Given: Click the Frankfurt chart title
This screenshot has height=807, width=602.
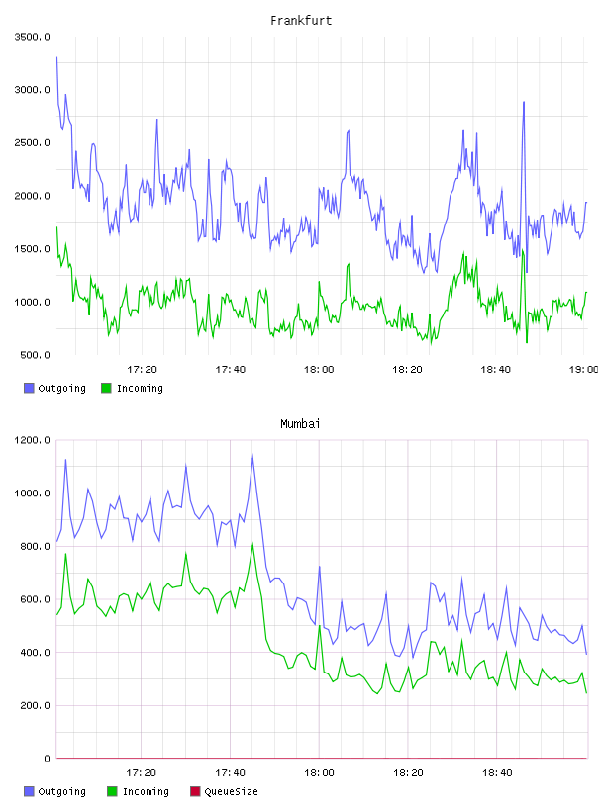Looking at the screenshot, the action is click(301, 21).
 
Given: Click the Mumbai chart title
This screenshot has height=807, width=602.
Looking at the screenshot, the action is click(300, 424).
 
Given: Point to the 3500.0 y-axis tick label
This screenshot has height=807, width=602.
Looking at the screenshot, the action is click(32, 37).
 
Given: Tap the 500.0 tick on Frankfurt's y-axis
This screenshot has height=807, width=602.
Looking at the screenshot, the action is click(35, 355).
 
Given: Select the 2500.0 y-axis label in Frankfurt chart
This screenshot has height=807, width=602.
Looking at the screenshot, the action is click(32, 142).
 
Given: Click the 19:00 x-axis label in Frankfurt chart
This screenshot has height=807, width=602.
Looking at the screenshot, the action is click(583, 370).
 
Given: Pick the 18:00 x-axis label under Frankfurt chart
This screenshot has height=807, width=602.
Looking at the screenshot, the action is click(319, 370).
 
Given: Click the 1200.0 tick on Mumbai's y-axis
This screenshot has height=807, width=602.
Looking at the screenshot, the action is click(32, 440).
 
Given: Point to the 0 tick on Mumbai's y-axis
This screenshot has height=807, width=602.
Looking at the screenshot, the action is click(47, 759).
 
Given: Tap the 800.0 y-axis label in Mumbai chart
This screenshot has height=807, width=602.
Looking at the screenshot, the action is click(35, 546).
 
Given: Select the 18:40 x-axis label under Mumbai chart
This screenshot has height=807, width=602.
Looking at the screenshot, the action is click(497, 773).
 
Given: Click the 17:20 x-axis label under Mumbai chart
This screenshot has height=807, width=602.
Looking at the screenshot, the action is click(142, 773).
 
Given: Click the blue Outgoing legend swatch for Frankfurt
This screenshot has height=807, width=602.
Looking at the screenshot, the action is click(29, 388).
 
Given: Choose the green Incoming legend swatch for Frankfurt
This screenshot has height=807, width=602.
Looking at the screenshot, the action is click(106, 388).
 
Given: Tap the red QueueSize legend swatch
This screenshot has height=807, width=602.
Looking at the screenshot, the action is click(195, 791).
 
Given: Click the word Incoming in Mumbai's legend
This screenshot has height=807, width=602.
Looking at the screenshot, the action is click(146, 791).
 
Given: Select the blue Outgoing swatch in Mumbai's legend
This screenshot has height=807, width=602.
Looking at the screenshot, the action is click(29, 791).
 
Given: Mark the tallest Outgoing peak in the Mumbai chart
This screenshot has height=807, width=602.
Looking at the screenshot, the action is click(252, 456).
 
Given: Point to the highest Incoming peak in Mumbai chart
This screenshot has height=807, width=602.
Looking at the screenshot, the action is click(252, 544).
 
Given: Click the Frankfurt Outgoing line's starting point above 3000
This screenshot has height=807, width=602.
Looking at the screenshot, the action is click(56, 57).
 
